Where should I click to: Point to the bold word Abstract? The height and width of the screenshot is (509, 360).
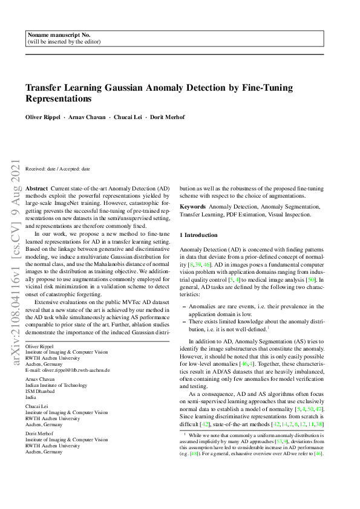[x=36, y=189]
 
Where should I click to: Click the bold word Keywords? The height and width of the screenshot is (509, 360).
[x=193, y=206]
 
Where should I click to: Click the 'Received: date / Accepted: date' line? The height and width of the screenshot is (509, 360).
[x=57, y=169]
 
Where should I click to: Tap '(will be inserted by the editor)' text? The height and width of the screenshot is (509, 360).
[x=64, y=42]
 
